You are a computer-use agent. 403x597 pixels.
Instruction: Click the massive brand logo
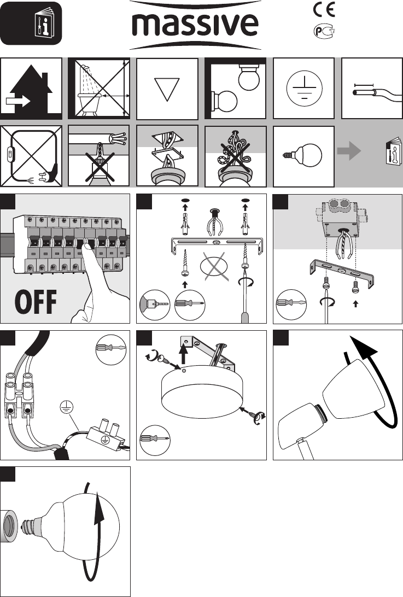click(195, 25)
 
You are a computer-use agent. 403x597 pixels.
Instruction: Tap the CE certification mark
click(324, 9)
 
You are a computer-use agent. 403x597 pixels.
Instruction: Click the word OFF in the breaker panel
click(36, 302)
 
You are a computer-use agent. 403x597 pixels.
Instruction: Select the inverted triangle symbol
click(167, 90)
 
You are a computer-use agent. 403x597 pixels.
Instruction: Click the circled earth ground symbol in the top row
click(304, 89)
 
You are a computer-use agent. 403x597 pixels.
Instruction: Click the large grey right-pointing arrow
click(349, 151)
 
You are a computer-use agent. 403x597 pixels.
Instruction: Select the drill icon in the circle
click(155, 305)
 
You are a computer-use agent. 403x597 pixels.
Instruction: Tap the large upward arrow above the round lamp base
click(184, 352)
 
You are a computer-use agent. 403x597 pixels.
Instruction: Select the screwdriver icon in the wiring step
click(111, 349)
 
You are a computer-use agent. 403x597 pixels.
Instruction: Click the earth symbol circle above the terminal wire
click(67, 408)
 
